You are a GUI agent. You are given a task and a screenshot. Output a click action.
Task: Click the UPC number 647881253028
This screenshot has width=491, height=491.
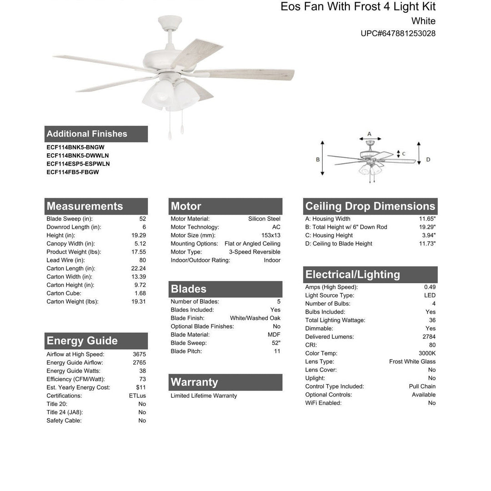click(x=398, y=33)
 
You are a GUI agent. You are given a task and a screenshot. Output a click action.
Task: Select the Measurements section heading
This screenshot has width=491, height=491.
click(x=85, y=206)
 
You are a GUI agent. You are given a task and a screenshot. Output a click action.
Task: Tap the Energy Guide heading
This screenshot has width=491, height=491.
click(x=82, y=341)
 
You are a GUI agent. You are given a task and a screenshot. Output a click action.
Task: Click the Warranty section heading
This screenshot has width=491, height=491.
click(x=194, y=382)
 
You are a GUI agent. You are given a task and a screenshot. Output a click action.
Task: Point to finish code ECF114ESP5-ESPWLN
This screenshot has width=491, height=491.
click(x=78, y=164)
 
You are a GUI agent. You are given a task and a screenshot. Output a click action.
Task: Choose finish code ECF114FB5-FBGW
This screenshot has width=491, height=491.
click(x=72, y=172)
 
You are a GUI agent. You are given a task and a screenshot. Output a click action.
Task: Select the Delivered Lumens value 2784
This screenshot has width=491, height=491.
click(x=429, y=337)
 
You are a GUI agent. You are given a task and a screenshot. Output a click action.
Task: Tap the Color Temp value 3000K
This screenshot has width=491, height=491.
click(x=427, y=353)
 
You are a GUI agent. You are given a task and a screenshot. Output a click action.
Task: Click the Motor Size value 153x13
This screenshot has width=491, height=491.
click(x=271, y=235)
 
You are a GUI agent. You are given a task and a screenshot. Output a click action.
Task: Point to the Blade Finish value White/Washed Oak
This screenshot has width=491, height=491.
click(x=255, y=318)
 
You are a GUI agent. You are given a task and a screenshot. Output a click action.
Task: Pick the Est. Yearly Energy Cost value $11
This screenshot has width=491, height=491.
click(x=141, y=387)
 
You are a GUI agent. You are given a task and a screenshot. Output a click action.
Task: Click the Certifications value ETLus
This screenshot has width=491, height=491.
click(x=137, y=396)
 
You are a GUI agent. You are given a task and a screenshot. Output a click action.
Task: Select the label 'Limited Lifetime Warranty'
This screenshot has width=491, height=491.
click(x=204, y=396)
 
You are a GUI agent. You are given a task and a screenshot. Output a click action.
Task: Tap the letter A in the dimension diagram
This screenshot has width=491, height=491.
click(x=369, y=134)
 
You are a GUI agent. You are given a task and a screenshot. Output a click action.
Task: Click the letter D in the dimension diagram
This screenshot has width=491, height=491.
click(x=428, y=160)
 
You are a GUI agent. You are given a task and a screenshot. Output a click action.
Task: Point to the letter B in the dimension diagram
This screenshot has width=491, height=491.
click(x=318, y=160)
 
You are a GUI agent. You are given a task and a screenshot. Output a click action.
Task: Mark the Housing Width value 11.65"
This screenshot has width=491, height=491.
click(x=427, y=219)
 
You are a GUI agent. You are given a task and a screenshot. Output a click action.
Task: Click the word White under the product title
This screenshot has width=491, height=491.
click(x=423, y=21)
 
